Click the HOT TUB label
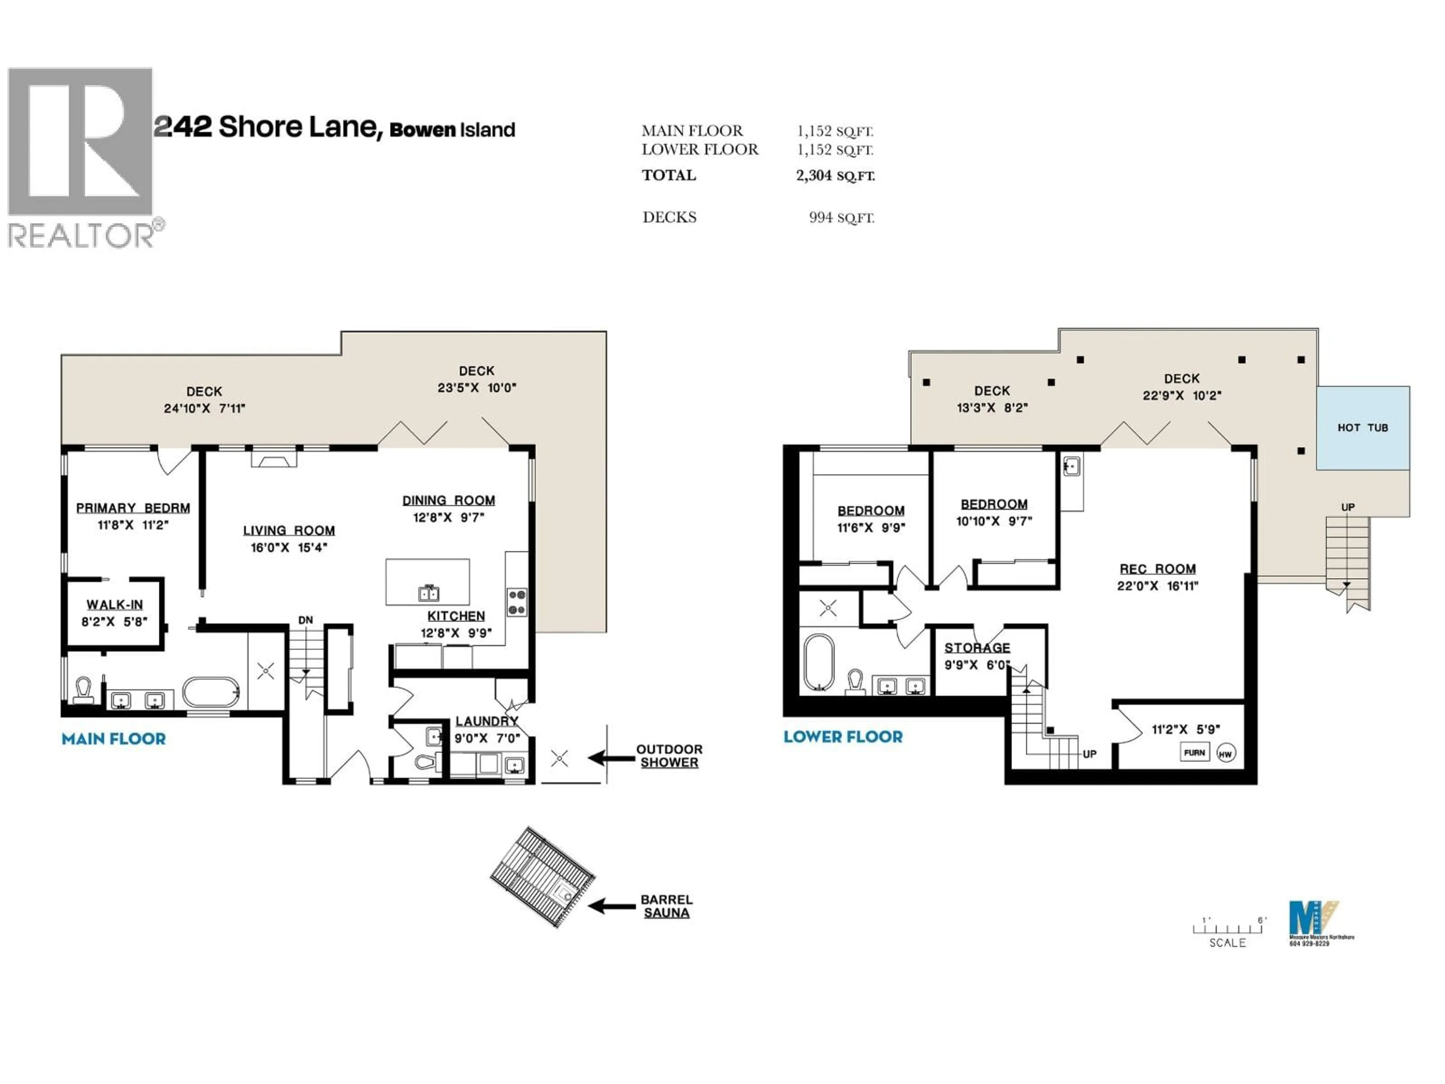1362,428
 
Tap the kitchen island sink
429,593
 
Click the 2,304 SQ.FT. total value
835,175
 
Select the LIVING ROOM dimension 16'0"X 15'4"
289,548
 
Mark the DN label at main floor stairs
305,620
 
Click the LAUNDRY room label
487,721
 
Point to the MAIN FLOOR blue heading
114,739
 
